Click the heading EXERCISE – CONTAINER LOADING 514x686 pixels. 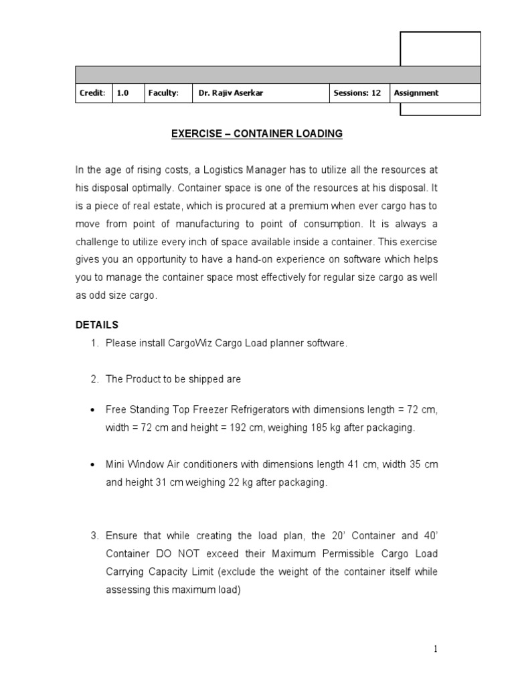coord(256,134)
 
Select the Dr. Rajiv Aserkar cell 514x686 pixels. coord(230,93)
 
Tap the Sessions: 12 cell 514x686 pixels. coord(357,93)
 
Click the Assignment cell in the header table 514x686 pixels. coord(416,93)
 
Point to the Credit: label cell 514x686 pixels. coord(92,93)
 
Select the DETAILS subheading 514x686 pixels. coord(96,325)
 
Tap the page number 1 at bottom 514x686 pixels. coord(434,648)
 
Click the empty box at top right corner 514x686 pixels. coord(440,49)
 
